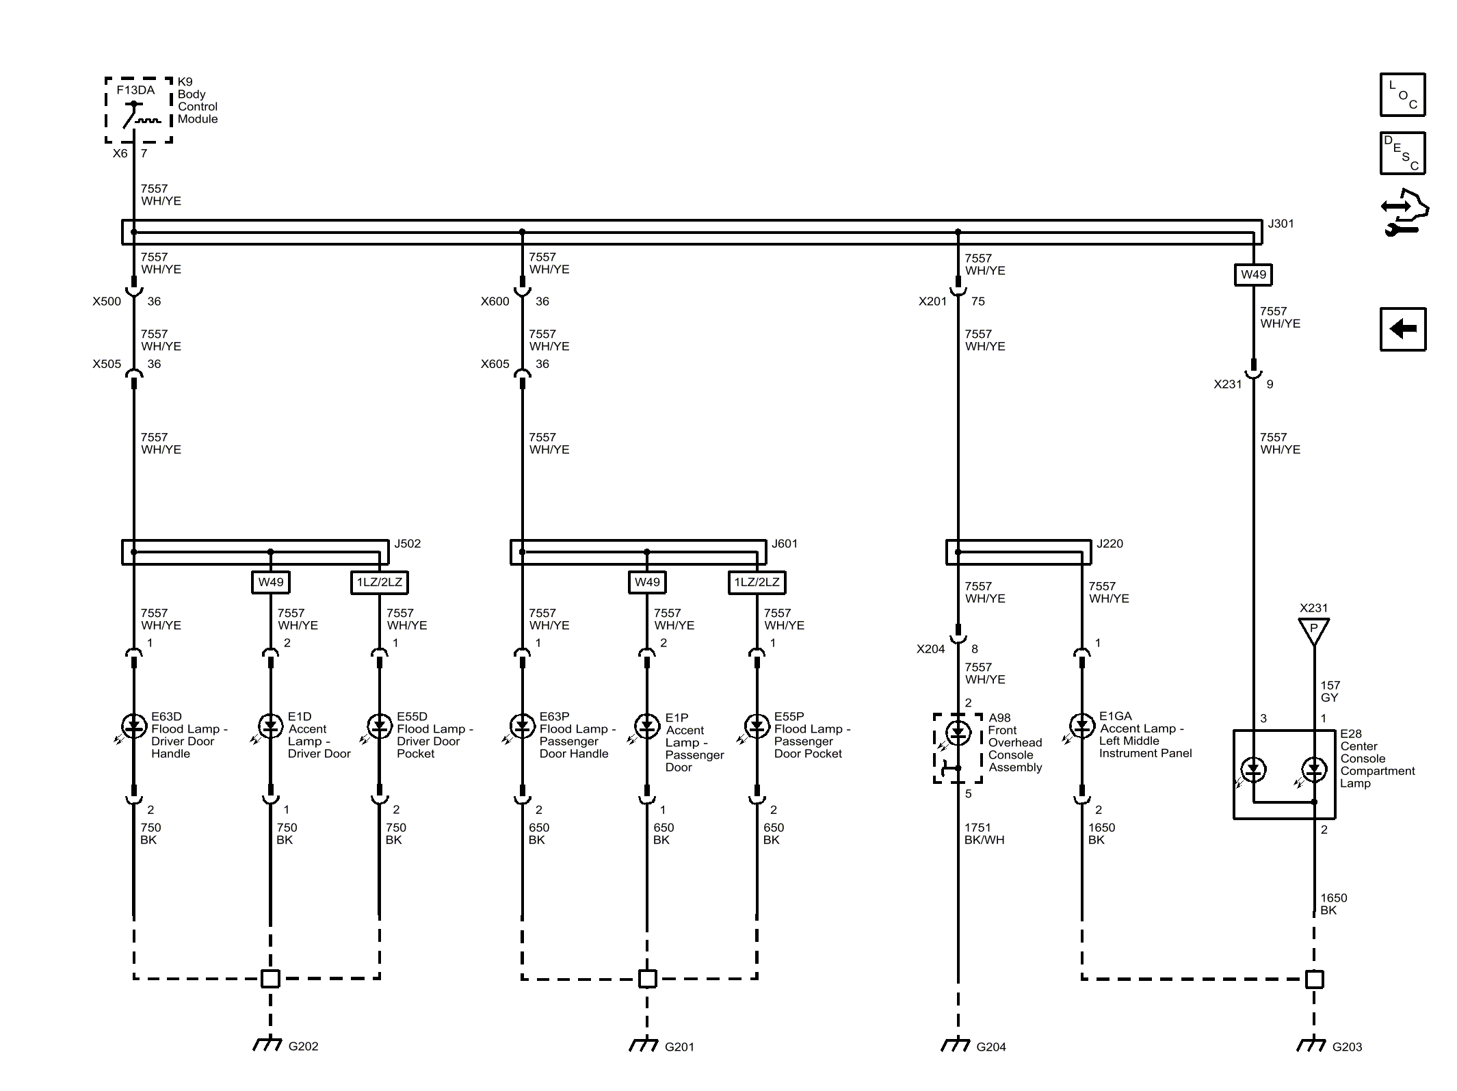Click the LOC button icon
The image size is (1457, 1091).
[1402, 94]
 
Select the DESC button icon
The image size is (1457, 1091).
[1402, 153]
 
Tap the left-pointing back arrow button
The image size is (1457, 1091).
[1402, 329]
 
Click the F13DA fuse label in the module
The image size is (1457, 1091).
[135, 90]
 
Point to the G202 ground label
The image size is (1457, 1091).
[303, 1046]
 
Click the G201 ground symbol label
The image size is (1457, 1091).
[679, 1047]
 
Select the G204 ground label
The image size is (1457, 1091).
[991, 1047]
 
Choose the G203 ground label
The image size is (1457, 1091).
[1347, 1047]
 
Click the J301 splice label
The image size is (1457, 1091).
[1281, 224]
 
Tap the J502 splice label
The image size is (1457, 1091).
[408, 544]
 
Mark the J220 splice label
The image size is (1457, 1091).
[1110, 544]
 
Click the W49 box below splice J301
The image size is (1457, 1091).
[1253, 274]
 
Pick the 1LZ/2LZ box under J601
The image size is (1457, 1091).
[757, 582]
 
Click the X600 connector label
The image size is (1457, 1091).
[495, 302]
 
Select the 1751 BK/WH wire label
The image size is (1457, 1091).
[984, 834]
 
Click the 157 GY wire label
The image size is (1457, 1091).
[1330, 692]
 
